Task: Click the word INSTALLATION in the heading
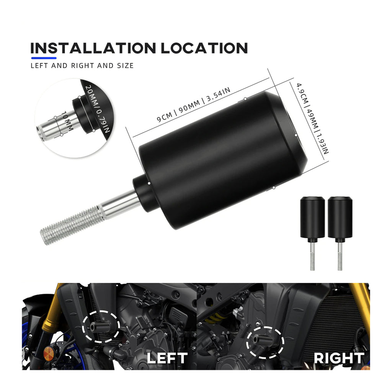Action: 93,48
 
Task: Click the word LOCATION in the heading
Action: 204,48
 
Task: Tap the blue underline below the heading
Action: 44,58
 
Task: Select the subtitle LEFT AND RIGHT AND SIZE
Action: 82,66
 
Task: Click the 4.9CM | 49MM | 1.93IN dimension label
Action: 312,118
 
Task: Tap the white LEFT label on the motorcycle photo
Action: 167,358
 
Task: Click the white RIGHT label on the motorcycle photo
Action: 339,358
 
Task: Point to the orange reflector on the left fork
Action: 48,353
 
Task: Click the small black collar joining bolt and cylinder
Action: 145,193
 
